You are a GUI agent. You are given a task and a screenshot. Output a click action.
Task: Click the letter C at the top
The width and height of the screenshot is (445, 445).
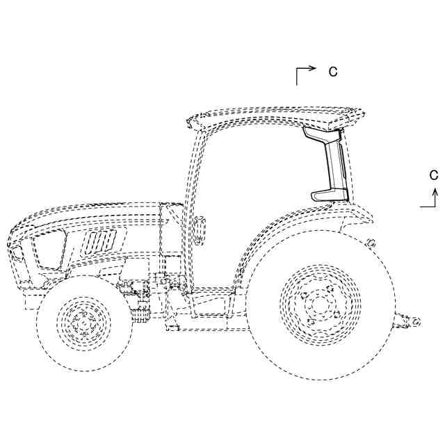coord(333,71)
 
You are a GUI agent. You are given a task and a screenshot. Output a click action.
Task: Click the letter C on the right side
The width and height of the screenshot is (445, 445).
coord(432,174)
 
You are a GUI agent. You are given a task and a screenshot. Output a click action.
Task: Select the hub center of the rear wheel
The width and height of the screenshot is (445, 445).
coord(320,303)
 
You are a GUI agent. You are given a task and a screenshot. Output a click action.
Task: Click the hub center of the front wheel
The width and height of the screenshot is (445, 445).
coord(83,322)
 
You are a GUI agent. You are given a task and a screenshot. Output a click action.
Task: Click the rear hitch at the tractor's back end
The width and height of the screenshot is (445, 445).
coord(407,321)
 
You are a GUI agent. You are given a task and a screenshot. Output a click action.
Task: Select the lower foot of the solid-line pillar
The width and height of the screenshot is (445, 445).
coord(326,195)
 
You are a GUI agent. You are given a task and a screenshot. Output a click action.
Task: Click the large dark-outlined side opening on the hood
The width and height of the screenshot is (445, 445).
coord(50,250)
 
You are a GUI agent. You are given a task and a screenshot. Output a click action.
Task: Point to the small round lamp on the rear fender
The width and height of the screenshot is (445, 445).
coord(372,243)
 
